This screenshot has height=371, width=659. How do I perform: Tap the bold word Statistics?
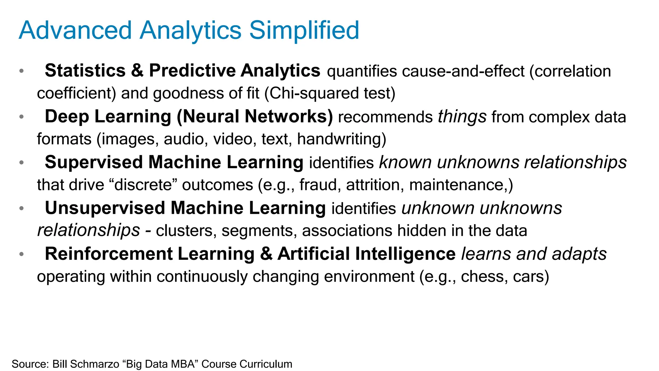pyautogui.click(x=85, y=71)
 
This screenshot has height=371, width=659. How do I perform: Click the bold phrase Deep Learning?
pyautogui.click(x=108, y=117)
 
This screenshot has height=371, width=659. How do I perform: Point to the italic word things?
pyautogui.click(x=462, y=117)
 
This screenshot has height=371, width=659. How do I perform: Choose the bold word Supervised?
pyautogui.click(x=94, y=162)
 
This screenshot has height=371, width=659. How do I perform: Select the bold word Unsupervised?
pyautogui.click(x=105, y=208)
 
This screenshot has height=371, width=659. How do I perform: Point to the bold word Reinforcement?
pyautogui.click(x=108, y=254)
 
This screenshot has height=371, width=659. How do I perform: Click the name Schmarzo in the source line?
pyautogui.click(x=95, y=364)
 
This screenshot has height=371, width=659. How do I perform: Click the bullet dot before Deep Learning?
pyautogui.click(x=22, y=117)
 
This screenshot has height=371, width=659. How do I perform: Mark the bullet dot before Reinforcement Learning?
pyautogui.click(x=22, y=254)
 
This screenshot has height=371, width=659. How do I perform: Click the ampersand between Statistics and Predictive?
pyautogui.click(x=137, y=71)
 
